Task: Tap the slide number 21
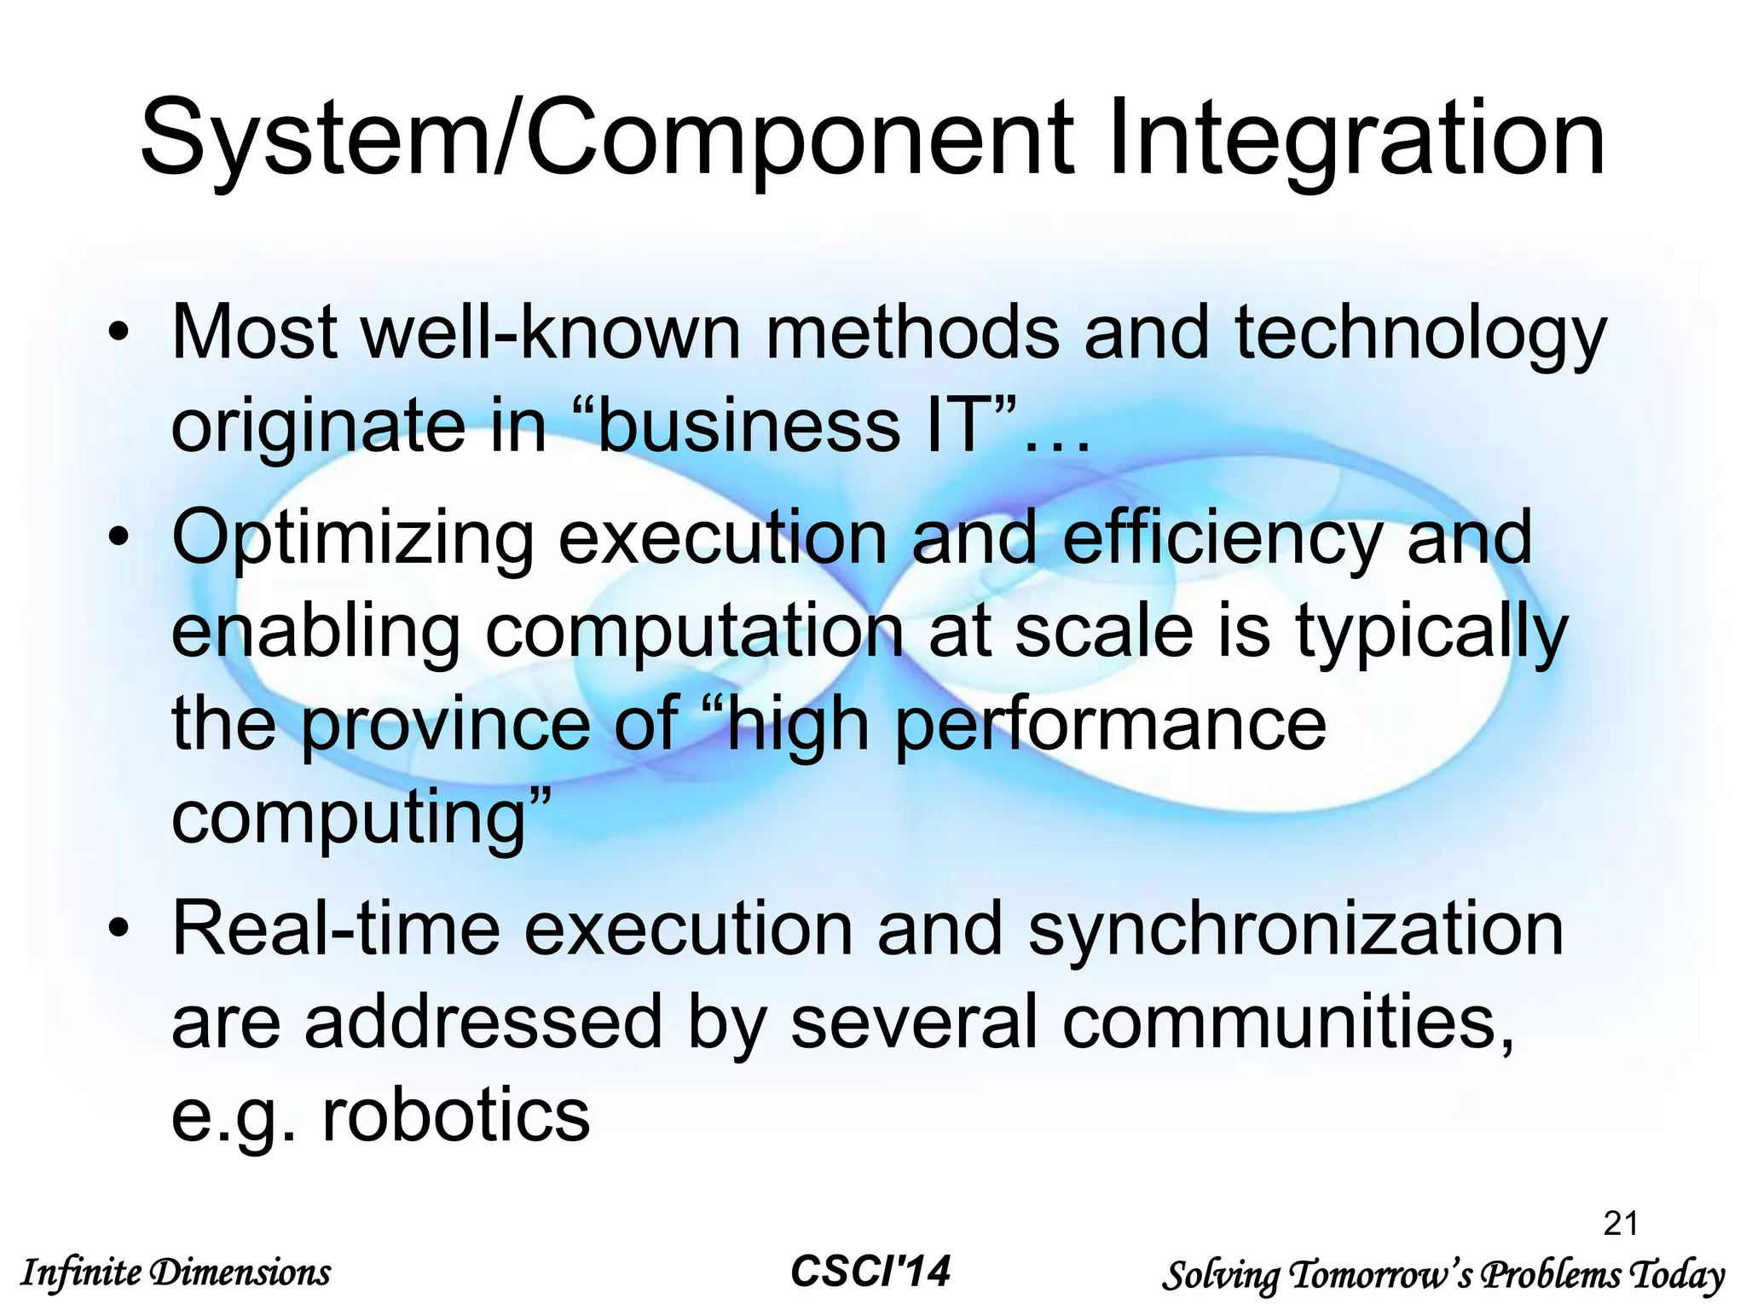(1621, 1223)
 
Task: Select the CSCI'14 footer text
(870, 1272)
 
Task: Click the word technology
(1419, 334)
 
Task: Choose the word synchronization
(1296, 930)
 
